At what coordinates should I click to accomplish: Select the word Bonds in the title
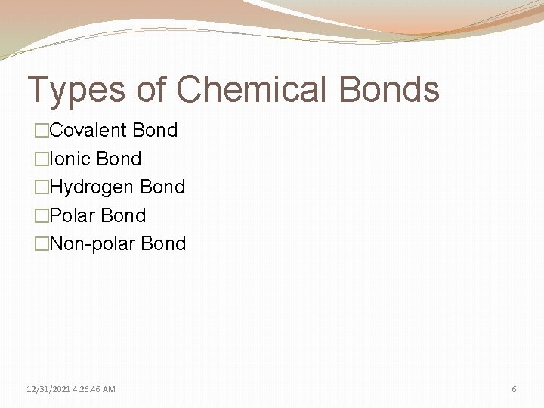(389, 89)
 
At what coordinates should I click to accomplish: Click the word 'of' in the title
(151, 89)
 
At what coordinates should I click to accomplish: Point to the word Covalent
(88, 130)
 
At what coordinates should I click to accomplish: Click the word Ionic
(73, 159)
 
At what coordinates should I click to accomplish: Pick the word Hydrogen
(91, 187)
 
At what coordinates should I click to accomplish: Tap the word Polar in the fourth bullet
(72, 215)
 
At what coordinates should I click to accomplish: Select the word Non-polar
(91, 243)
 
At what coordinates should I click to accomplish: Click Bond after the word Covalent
(155, 130)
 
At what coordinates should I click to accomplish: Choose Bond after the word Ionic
(119, 159)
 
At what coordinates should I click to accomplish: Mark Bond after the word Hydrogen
(162, 187)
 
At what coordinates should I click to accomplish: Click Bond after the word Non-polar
(163, 243)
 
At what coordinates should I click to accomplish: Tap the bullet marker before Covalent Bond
(42, 131)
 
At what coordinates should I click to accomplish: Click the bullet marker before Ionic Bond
(42, 159)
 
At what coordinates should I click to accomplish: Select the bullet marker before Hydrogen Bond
(42, 187)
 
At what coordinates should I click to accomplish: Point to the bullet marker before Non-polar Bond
(42, 244)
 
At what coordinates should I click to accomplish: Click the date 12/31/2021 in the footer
(47, 389)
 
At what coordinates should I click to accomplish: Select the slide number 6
(515, 389)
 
